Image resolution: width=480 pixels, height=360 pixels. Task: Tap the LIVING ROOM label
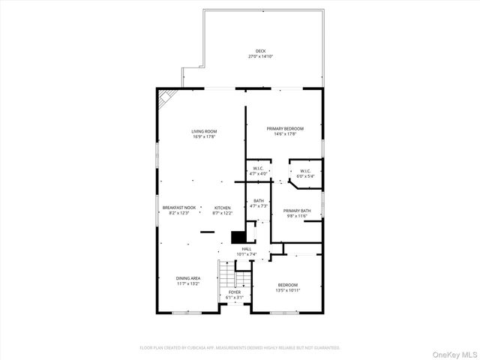[204, 131]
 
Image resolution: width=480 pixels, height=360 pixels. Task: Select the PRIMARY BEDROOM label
[285, 128]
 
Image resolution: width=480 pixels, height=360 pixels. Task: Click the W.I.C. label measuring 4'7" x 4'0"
[258, 168]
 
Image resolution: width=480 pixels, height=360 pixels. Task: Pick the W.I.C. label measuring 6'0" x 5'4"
[305, 171]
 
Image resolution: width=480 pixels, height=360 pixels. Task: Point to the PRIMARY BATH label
[297, 211]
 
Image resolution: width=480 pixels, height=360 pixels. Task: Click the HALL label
[247, 248]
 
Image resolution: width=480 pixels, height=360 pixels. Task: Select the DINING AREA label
[188, 278]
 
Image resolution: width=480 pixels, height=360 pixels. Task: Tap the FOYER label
[235, 292]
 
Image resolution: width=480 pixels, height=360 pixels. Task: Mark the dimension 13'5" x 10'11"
[288, 290]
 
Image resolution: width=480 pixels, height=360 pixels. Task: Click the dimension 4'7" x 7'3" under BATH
[258, 205]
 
